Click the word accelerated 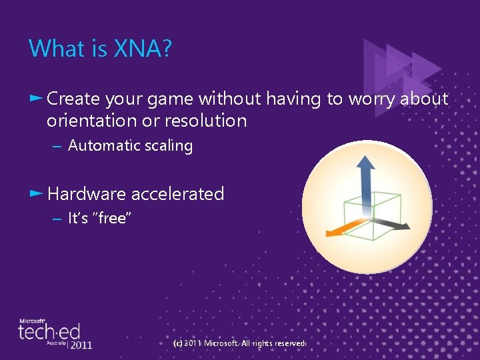point(177,194)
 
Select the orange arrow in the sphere point(339,231)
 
